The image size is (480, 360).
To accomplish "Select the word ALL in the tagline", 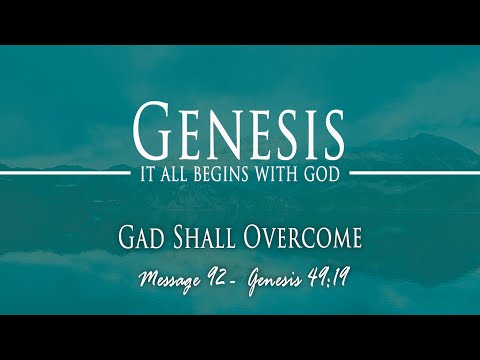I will (x=179, y=174).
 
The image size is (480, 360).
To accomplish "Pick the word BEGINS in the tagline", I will (x=225, y=174).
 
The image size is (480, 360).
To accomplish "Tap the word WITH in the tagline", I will (x=277, y=174).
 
